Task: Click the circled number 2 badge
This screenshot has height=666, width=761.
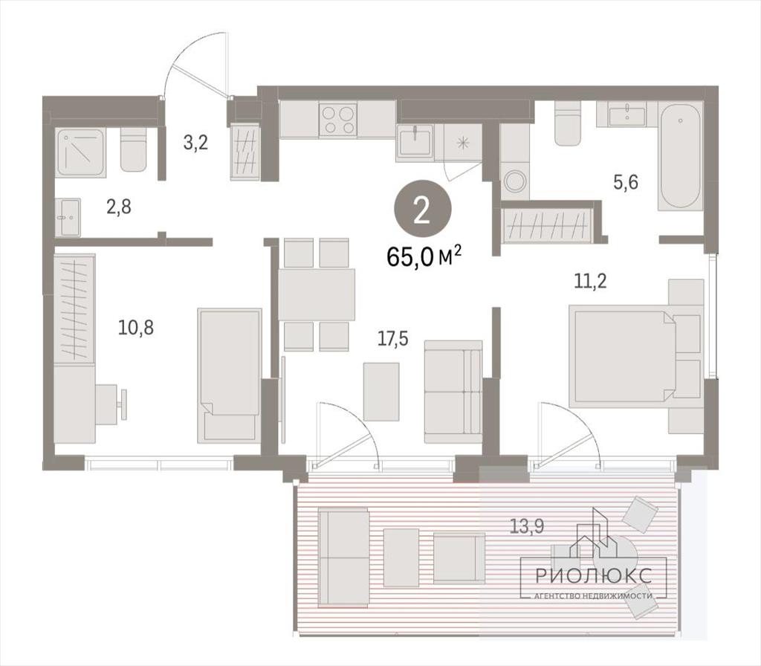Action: point(422,210)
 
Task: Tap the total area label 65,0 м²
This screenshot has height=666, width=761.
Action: point(424,256)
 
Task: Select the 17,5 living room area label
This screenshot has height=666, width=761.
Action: point(393,339)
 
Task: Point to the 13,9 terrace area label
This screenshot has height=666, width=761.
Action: point(526,526)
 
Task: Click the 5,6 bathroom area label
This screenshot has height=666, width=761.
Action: point(626,183)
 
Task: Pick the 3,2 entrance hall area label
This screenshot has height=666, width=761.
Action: point(195,143)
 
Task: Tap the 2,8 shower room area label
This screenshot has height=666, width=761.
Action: point(119,207)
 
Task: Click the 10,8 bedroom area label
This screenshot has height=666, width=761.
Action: point(136,328)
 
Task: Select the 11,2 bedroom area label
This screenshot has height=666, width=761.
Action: point(590,281)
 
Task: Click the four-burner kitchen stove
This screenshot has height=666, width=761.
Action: point(338,120)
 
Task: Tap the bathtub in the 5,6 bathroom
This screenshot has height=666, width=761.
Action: point(680,156)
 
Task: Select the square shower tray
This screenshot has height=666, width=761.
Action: point(80,152)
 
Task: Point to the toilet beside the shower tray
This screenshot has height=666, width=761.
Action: point(133,149)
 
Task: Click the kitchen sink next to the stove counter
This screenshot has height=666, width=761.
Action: point(415,141)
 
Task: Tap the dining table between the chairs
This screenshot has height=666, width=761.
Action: point(317,294)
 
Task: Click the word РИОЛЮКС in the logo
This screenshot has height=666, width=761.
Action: point(594,576)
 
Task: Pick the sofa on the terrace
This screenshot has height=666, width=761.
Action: point(343,557)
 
